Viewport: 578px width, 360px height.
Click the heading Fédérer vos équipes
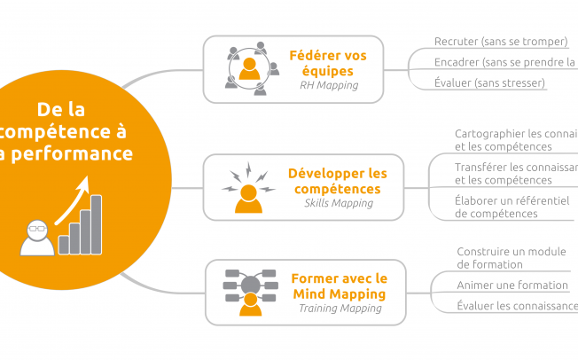[327, 62]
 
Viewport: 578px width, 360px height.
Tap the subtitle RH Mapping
[327, 86]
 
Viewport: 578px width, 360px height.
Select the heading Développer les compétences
[338, 180]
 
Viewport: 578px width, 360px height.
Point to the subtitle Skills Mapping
[338, 204]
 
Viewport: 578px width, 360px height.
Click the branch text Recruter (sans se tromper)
[501, 42]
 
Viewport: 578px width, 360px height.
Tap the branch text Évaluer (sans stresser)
[489, 83]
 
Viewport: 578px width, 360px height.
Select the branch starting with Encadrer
[504, 62]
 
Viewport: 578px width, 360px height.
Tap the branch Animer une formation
[512, 286]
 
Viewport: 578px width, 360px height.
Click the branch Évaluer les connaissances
[516, 307]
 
